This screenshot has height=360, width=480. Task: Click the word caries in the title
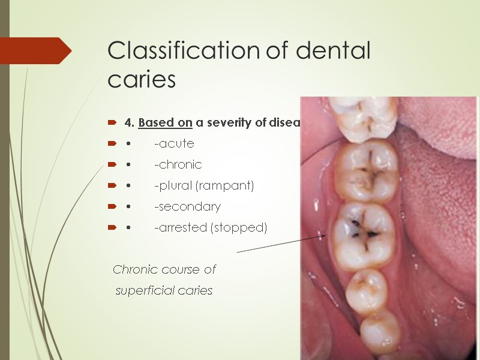point(142,80)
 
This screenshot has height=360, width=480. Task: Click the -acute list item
point(174,144)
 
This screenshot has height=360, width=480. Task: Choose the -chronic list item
point(178,164)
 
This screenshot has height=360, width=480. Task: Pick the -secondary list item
point(187,207)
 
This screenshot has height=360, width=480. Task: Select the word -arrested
point(180,228)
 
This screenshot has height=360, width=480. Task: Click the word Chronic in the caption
point(136,270)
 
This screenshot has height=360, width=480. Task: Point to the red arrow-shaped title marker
point(36,50)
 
